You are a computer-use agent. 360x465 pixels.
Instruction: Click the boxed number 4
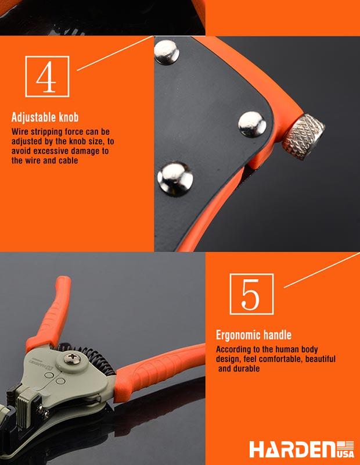point(47,77)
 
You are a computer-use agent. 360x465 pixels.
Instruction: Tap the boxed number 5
point(251,294)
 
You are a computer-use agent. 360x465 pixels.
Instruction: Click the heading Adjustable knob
point(45,117)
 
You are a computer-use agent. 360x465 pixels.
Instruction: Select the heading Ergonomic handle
point(254,335)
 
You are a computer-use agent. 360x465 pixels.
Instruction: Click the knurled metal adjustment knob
point(303,137)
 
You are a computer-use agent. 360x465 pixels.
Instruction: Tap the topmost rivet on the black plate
point(167,52)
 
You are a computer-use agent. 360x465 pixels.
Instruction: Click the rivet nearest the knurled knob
point(252,124)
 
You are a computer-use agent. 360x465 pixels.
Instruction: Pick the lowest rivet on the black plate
point(175,179)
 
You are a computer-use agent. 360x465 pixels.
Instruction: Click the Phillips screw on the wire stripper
point(72,358)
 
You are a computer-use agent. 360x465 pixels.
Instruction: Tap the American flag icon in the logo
point(346,445)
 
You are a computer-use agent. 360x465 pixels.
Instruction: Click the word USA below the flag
point(346,454)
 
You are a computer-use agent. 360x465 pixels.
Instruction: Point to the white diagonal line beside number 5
point(322,270)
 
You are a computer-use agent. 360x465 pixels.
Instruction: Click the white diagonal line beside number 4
point(116,53)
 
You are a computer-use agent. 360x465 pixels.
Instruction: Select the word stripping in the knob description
point(46,132)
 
